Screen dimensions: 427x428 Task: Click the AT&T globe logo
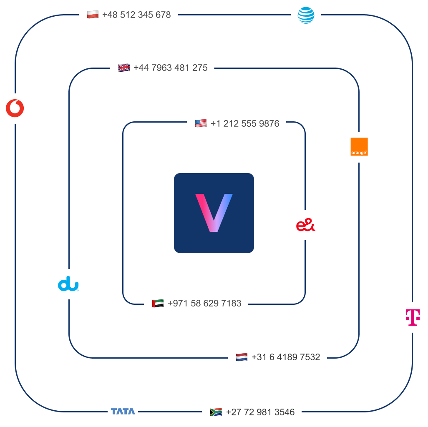306,15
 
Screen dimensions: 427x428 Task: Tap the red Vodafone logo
15,108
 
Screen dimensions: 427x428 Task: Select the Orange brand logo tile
359,147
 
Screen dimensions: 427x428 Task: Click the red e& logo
306,225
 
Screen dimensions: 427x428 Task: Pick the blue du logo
69,284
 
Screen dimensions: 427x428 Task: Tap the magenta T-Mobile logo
413,317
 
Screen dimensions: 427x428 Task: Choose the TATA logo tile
123,412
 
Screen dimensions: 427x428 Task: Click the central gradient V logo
214,213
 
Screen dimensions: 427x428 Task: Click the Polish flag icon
93,15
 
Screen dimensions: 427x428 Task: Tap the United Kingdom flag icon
124,68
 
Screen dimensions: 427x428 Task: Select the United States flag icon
201,124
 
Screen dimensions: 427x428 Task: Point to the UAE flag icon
158,304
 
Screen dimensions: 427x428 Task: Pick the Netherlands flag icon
242,357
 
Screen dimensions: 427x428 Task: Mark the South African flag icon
216,412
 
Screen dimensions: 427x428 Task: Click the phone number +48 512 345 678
136,15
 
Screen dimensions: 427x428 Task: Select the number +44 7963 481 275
171,68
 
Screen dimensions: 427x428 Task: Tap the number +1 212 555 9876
245,124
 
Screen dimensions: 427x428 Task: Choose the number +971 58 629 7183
204,304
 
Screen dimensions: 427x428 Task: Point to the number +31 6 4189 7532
286,357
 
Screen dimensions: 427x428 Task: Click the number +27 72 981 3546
260,412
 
